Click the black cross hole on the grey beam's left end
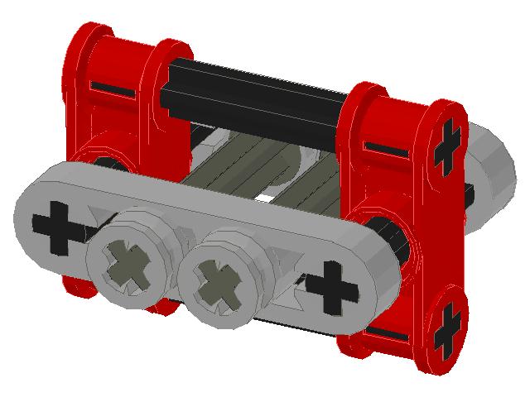[x=55, y=227]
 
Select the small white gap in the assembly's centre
[x=263, y=198]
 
